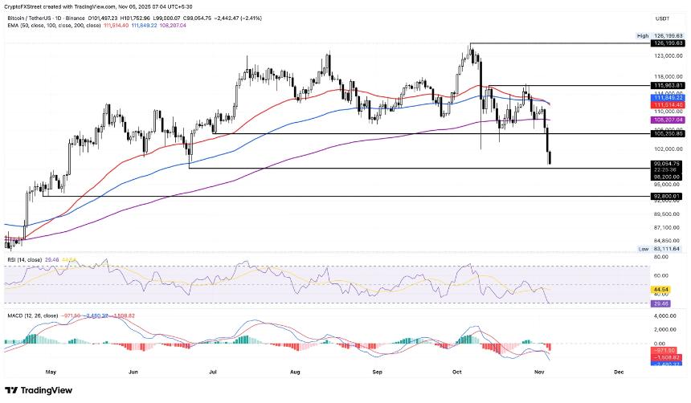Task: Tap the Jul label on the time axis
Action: tap(214, 372)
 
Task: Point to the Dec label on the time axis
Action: tap(619, 372)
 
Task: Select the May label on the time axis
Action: tap(53, 372)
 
